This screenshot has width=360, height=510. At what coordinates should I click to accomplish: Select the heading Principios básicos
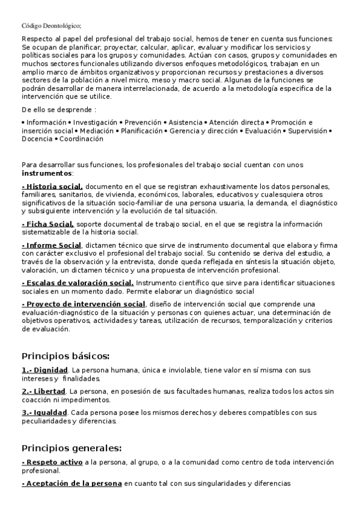[x=66, y=355]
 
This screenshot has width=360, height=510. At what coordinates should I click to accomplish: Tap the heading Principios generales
[x=72, y=448]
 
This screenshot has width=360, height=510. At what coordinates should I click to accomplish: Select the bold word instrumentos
[x=47, y=173]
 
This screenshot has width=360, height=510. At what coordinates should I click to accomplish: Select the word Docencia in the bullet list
[x=37, y=138]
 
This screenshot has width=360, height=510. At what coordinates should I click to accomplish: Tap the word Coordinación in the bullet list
[x=82, y=138]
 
